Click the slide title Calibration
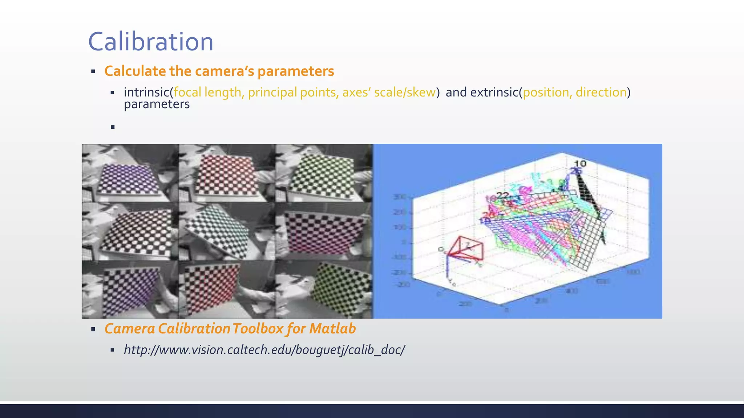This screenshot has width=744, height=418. (x=151, y=42)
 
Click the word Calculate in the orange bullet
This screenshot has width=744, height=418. (x=135, y=71)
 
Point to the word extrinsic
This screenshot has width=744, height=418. (x=494, y=92)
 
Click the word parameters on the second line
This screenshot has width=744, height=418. (x=157, y=104)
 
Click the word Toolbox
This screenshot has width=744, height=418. (x=258, y=329)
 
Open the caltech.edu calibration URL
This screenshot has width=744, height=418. (x=264, y=350)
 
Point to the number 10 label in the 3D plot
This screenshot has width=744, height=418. (x=580, y=164)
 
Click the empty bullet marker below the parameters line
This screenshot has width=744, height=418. (x=113, y=127)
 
